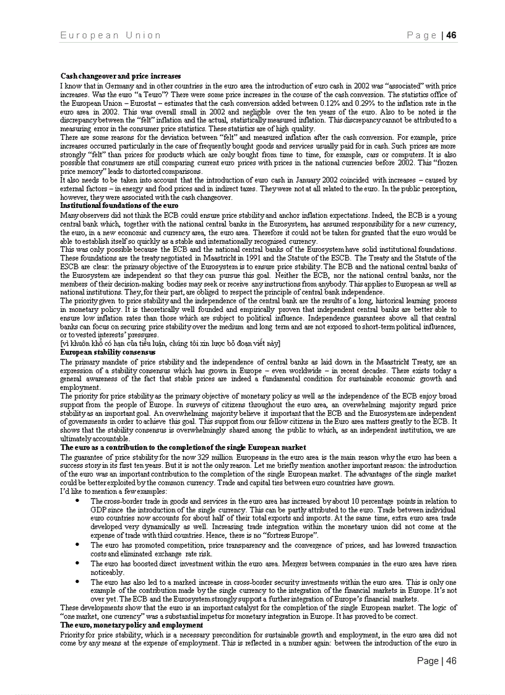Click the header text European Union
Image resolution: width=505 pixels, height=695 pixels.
(111, 35)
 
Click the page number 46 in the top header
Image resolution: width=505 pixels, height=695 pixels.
(451, 35)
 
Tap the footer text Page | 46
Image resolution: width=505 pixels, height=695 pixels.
(436, 661)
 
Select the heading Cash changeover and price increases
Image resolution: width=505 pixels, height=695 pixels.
(121, 75)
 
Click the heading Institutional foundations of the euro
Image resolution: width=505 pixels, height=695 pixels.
(119, 205)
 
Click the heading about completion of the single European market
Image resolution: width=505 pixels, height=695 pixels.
(183, 447)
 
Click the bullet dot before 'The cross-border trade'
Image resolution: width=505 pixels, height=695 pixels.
(76, 501)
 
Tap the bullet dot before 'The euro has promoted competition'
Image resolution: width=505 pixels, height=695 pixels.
(76, 545)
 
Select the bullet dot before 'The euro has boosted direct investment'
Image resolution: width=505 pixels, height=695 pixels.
(76, 563)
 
